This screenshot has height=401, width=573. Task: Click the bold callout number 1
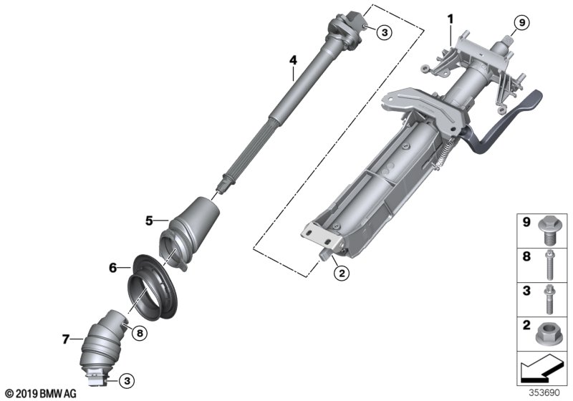[x=451, y=19]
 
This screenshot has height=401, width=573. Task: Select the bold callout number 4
[x=293, y=60]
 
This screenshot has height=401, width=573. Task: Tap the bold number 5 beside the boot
[x=149, y=221]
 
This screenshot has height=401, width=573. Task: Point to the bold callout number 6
[x=113, y=268]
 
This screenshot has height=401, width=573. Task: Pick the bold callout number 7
[x=65, y=339]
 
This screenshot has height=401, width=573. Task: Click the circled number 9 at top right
[x=522, y=23]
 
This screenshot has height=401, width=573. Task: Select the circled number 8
[x=140, y=333]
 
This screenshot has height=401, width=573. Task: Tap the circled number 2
[x=342, y=273]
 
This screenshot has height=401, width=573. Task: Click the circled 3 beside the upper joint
[x=384, y=32]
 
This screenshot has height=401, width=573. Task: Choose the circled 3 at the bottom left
[x=127, y=381]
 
